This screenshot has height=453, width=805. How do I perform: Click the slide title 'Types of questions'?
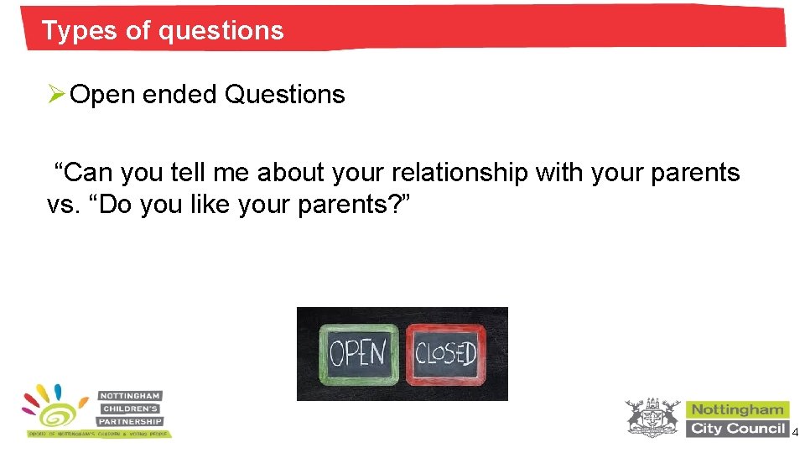[x=163, y=31]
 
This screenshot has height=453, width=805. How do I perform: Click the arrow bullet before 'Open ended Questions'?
[x=55, y=95]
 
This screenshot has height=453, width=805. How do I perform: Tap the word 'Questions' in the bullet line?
[x=285, y=95]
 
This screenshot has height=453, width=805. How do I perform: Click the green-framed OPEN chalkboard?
[x=358, y=353]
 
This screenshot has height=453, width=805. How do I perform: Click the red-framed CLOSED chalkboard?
[x=445, y=353]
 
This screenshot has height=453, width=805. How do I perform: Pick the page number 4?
[x=795, y=431]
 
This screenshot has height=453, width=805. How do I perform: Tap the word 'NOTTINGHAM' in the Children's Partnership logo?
[x=130, y=395]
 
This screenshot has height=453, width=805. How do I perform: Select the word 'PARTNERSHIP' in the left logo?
[x=130, y=421]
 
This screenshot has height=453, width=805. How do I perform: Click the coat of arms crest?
[x=653, y=418]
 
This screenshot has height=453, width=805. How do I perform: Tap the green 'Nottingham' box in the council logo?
[x=738, y=409]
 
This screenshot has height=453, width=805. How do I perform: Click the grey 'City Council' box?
[x=738, y=429]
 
